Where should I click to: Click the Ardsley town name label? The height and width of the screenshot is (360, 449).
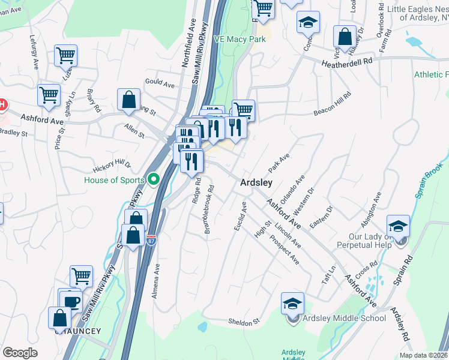pos(256,182)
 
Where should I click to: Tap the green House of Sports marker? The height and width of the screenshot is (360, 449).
pos(153,179)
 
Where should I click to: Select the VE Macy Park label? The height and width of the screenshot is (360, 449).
pos(240,39)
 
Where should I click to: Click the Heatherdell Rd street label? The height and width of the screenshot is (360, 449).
pos(347,62)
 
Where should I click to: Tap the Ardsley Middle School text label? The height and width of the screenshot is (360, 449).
pos(344,318)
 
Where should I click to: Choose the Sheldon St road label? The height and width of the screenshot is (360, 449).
pos(243,322)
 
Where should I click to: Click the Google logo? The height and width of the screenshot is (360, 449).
pos(20,353)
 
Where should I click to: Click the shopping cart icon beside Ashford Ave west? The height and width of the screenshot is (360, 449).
pos(49,94)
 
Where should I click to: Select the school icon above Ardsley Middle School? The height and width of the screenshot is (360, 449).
pos(292,303)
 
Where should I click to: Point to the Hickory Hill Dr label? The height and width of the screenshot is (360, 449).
pos(112,166)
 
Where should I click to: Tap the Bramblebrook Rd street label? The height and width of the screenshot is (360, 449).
pos(209,209)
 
